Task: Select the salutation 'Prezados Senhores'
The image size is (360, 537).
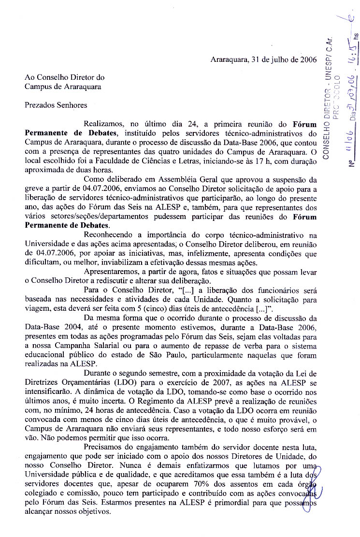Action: coord(56,104)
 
